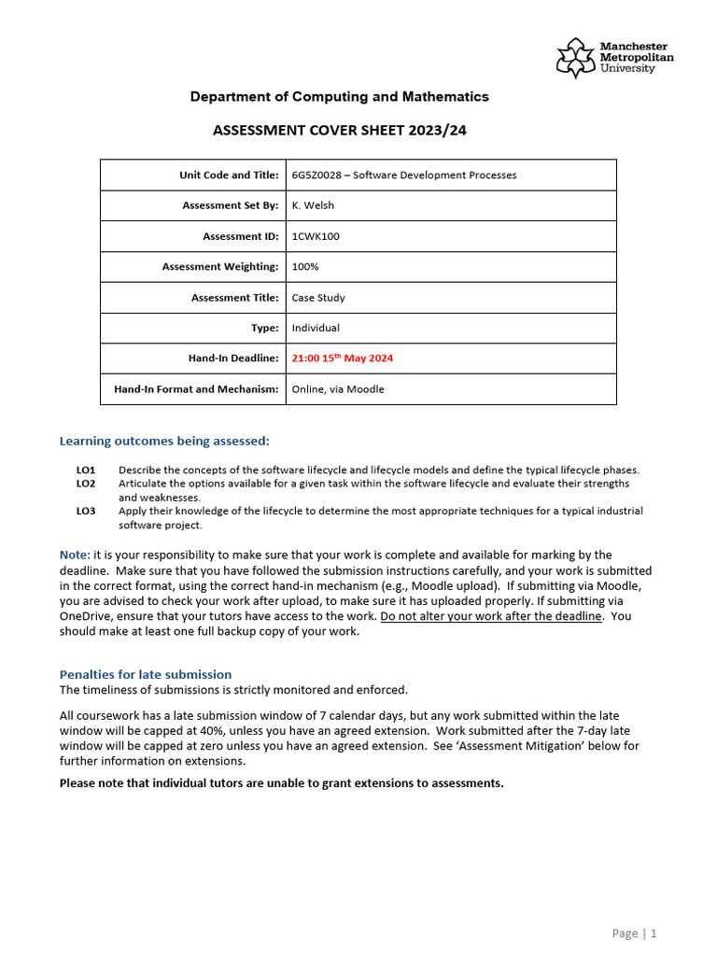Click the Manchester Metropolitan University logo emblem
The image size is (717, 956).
[575, 58]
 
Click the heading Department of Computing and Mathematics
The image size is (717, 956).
[339, 97]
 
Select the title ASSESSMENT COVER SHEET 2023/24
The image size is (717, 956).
[339, 131]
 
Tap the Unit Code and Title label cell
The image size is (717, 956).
[229, 175]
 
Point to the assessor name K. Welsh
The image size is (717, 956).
[313, 205]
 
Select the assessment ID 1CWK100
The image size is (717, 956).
[316, 236]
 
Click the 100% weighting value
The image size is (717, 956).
[305, 267]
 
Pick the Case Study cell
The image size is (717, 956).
[318, 298]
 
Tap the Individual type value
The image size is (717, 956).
[316, 328]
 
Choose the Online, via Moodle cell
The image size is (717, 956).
[338, 389]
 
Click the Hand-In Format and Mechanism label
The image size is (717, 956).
[196, 389]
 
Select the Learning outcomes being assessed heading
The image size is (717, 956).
[164, 441]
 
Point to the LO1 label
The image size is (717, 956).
[86, 470]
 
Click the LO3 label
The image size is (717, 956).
[86, 511]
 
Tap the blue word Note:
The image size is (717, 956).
[75, 555]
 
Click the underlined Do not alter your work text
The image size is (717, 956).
[491, 616]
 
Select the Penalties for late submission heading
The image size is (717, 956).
[146, 674]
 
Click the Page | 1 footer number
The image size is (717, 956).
[635, 933]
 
